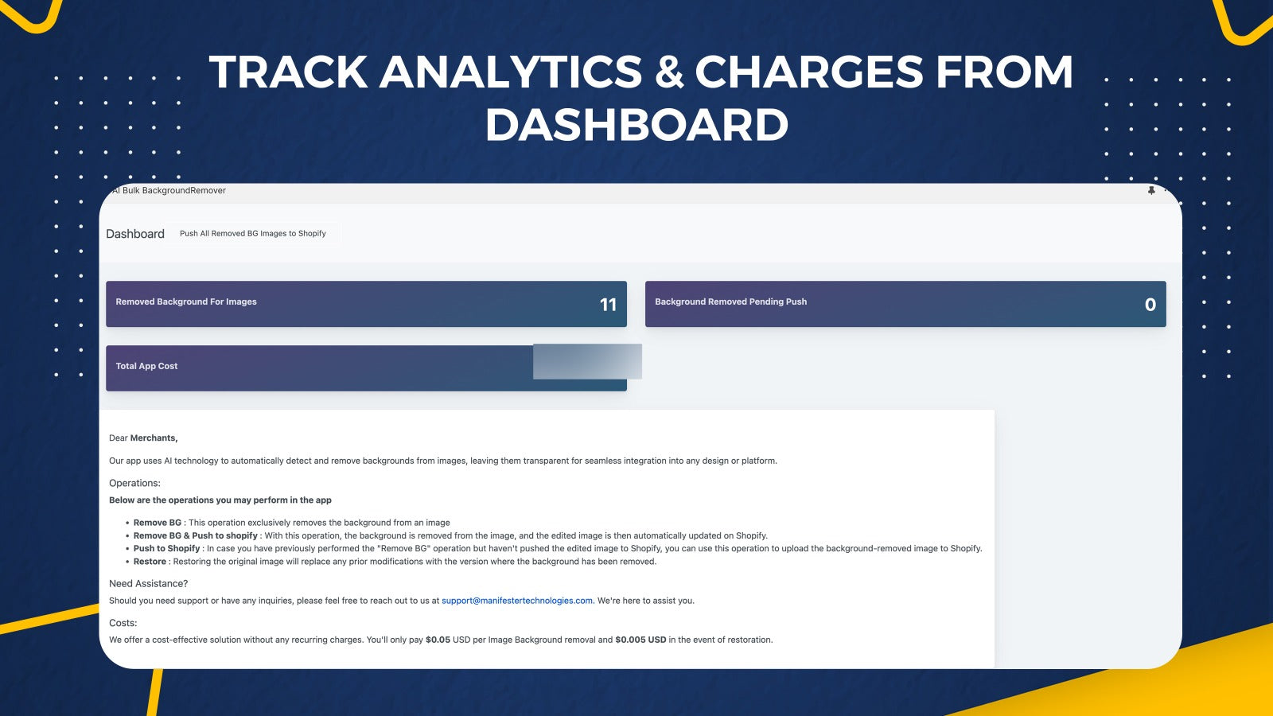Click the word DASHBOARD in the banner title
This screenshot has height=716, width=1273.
(636, 124)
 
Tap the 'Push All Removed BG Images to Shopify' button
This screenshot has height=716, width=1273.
(253, 234)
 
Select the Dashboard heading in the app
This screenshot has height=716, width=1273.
(135, 234)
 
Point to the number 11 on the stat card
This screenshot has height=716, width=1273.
(608, 305)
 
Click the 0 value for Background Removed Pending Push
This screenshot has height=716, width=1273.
(1150, 305)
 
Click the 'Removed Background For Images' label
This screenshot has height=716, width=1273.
(186, 302)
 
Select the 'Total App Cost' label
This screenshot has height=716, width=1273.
(146, 366)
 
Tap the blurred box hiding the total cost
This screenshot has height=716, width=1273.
(587, 361)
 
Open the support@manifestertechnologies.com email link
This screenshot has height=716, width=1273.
(517, 601)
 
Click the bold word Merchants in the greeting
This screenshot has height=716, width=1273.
(154, 438)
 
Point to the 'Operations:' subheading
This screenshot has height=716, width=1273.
(134, 483)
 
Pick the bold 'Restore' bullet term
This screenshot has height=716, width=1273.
(150, 562)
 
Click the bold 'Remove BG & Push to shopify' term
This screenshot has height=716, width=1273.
(196, 536)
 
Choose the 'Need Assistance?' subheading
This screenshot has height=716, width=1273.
(148, 584)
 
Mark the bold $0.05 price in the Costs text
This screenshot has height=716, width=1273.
(438, 640)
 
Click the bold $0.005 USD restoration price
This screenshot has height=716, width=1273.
(640, 640)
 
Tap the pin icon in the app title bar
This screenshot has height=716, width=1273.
(1151, 190)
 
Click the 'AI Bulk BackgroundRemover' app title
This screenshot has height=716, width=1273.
(169, 190)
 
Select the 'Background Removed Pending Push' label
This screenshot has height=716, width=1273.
(731, 302)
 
